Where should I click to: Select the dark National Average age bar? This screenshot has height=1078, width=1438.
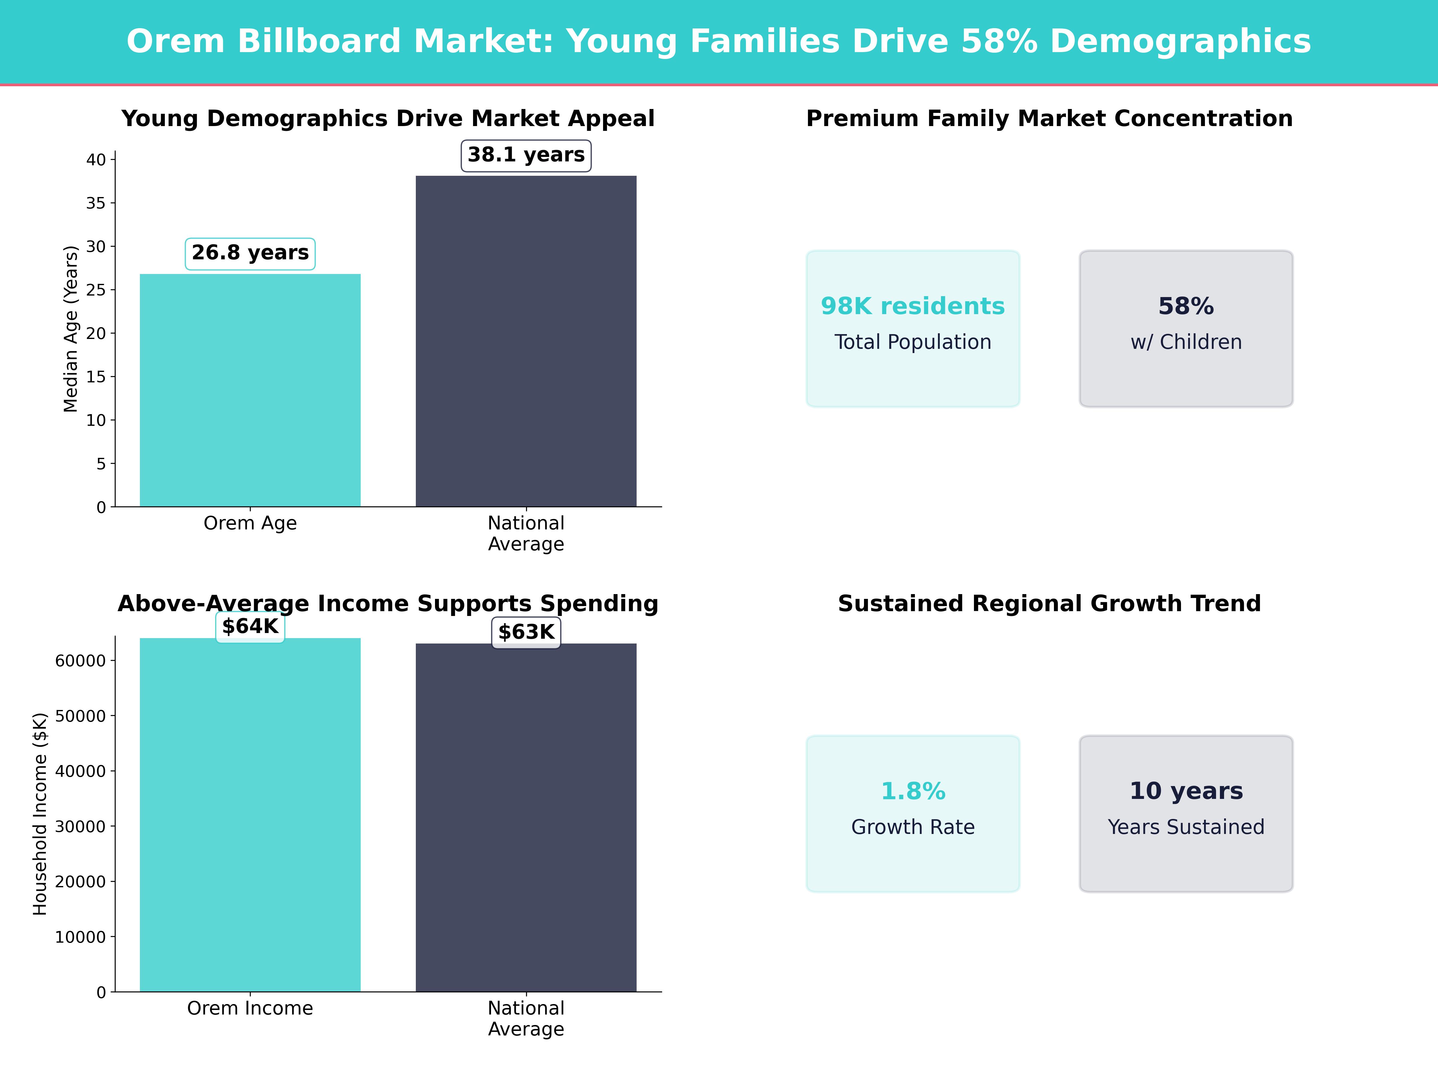(526, 341)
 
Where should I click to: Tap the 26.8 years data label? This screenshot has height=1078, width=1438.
(250, 253)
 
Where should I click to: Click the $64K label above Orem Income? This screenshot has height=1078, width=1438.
(250, 626)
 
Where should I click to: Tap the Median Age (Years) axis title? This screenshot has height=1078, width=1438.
(70, 329)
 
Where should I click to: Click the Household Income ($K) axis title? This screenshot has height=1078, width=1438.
(40, 814)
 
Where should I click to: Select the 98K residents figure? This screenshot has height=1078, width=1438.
(913, 306)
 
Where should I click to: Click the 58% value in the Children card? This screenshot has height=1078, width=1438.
(1186, 306)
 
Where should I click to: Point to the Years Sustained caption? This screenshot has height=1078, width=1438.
(1186, 827)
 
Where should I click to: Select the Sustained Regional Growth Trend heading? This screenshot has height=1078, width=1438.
(1049, 604)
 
